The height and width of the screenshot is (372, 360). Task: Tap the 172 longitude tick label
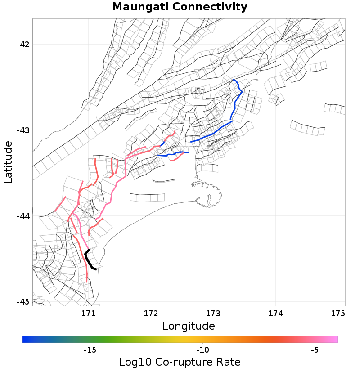150,313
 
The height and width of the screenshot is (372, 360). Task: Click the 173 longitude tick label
213,313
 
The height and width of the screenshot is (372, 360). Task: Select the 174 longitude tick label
275,313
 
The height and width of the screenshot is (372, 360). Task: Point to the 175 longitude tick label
337,313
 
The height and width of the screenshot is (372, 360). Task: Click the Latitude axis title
9,162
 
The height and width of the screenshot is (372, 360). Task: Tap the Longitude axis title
189,326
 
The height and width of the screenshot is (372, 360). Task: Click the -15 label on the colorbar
90,350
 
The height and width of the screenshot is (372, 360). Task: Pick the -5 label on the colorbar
315,350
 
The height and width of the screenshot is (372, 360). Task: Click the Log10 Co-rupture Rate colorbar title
180,362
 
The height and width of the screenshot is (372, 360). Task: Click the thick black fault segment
89,260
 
